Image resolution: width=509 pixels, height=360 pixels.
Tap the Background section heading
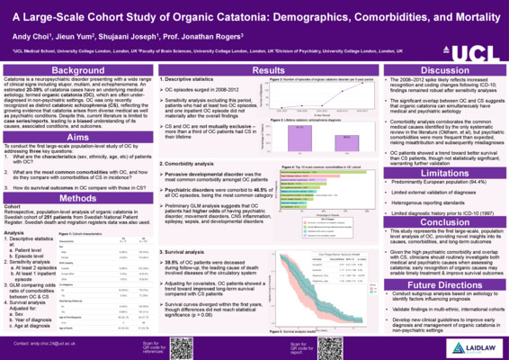tap(64, 70)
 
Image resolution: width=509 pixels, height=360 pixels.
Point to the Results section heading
tap(254, 70)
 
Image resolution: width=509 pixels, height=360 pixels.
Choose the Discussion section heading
tap(443, 70)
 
